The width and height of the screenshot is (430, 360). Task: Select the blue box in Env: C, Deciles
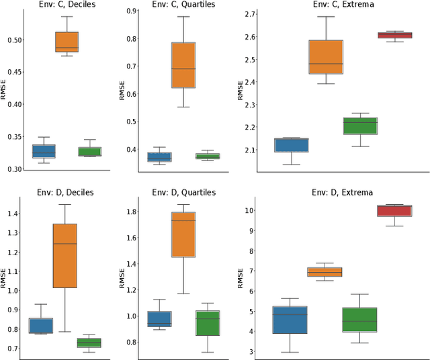point(44,151)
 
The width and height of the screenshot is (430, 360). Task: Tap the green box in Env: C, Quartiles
point(207,156)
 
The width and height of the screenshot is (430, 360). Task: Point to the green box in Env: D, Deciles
point(89,343)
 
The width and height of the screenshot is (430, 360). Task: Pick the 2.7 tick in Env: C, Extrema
point(250,14)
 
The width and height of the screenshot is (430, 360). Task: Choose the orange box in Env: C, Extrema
point(326,57)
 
